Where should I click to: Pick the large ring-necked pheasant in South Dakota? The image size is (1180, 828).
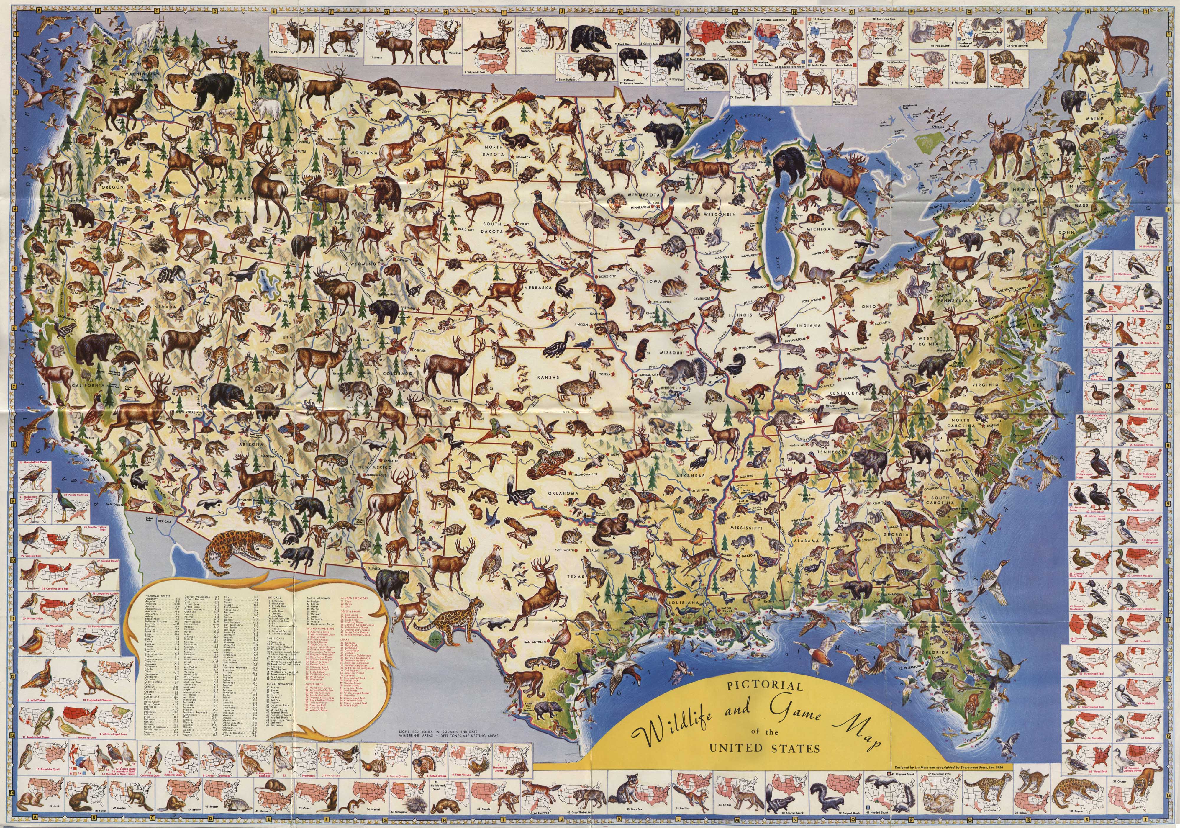coord(549,216)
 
